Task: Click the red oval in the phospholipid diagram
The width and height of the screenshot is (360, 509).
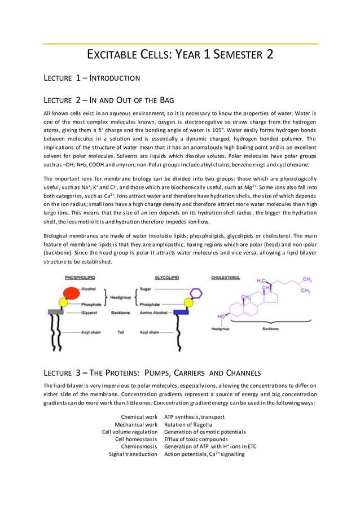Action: point(58,294)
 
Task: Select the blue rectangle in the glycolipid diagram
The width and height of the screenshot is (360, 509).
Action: point(181,311)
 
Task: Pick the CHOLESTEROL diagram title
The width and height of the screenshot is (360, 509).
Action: point(226,278)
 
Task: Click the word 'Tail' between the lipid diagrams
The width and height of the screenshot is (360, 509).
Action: point(120,332)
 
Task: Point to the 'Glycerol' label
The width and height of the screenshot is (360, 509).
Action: point(90,311)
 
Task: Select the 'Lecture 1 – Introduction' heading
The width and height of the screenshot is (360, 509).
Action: point(92,77)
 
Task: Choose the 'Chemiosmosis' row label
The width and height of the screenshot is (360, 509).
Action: point(139,446)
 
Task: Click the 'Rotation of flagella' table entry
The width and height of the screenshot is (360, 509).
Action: point(188,424)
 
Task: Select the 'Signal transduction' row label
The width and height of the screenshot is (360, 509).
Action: point(133,454)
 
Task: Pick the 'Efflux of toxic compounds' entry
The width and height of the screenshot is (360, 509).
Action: point(196,439)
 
